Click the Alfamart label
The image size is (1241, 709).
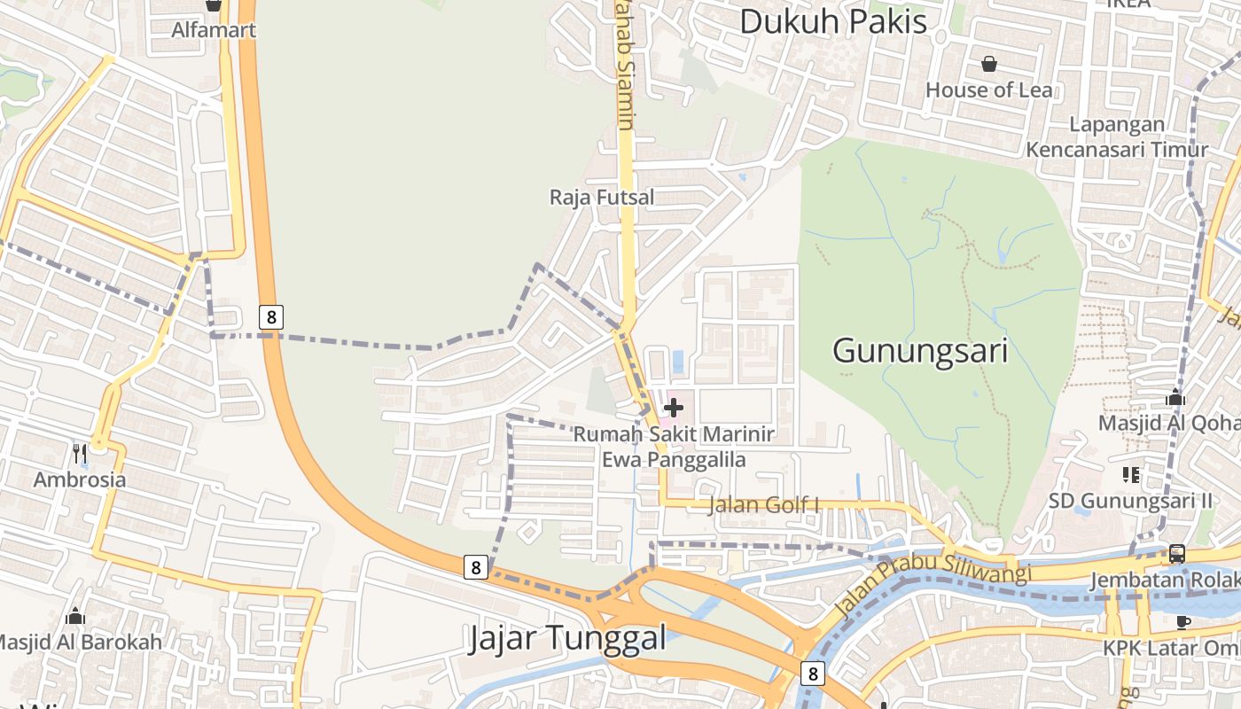point(214,30)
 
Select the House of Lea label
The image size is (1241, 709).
point(989,90)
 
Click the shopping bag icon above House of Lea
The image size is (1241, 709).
point(989,64)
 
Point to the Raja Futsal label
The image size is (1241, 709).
point(602,197)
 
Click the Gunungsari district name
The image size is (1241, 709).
point(920,351)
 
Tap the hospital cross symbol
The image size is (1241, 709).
point(674,408)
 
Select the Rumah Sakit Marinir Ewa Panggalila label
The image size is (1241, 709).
point(674,447)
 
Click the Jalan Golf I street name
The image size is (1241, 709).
point(763,505)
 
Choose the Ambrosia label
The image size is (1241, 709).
point(80,479)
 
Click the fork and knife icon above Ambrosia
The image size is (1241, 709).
point(80,454)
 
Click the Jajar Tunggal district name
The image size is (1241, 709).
point(566,637)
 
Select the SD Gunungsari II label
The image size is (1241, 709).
point(1130,501)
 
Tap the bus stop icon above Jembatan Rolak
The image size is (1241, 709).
point(1176,554)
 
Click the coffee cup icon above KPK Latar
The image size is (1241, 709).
point(1182,621)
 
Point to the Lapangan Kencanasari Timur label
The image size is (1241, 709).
point(1117,136)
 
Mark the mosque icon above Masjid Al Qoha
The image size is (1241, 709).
point(1175,397)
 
